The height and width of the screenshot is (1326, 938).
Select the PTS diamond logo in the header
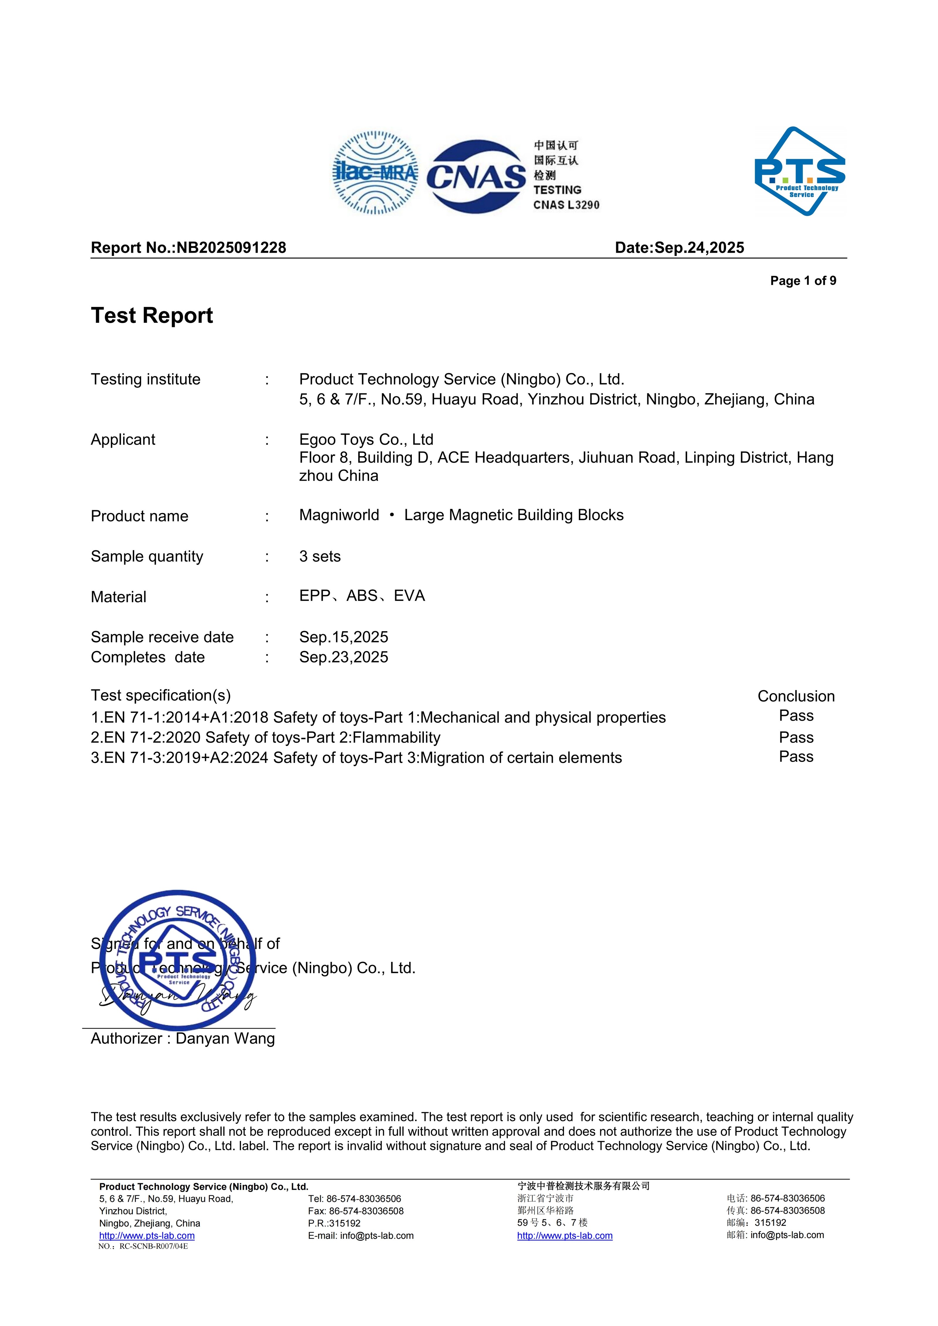coord(800,172)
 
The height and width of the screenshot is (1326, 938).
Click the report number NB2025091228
coord(231,248)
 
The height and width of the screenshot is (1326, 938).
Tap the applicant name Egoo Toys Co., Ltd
coord(366,439)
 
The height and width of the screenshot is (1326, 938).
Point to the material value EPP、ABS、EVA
coord(362,596)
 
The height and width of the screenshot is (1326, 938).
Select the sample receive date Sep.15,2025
coord(344,637)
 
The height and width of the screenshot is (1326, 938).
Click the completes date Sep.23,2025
coord(344,657)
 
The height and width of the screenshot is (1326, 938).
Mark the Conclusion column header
coord(796,696)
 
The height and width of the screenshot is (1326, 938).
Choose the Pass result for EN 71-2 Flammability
coord(796,738)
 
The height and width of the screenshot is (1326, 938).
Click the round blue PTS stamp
coord(178,960)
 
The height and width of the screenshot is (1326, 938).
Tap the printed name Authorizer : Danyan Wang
coord(183,1038)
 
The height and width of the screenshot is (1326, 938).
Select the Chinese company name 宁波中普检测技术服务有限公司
coord(583,1186)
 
